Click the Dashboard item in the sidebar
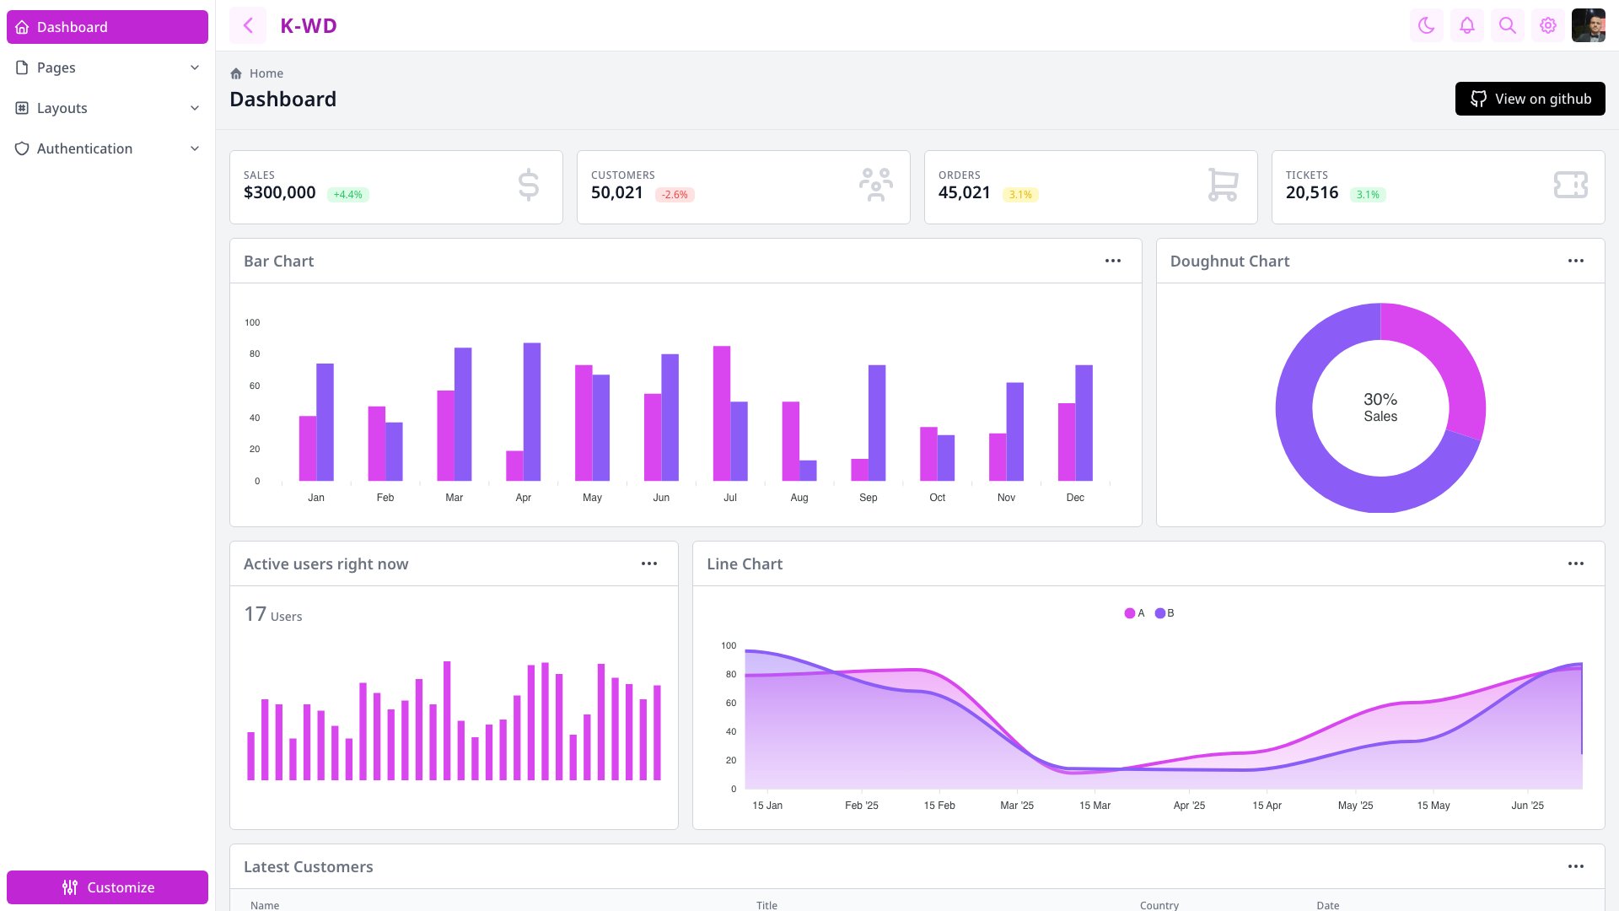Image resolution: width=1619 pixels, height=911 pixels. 107,27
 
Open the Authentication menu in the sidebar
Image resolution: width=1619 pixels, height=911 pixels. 107,148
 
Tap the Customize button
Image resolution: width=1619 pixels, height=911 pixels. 107,887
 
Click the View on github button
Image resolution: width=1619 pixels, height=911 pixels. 1530,99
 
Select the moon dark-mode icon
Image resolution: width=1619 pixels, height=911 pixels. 1426,25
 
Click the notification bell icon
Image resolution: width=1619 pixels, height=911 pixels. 1466,25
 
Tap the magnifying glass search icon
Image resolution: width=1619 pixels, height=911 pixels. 1507,25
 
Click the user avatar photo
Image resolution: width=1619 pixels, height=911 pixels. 1588,25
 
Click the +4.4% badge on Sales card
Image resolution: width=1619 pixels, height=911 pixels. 347,195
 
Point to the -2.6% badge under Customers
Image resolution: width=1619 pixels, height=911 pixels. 675,195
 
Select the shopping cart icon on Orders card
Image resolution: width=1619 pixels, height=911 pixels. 1222,185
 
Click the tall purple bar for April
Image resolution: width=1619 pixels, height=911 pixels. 531,412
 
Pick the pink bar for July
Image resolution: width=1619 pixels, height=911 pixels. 721,413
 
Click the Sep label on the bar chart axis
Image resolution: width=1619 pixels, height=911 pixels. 868,498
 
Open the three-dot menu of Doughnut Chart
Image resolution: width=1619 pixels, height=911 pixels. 1575,261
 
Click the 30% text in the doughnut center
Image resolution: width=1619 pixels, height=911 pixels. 1380,399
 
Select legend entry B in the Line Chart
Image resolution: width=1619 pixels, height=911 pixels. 1164,613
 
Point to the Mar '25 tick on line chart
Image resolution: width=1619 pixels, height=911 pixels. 1016,806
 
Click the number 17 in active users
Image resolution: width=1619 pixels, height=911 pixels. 255,614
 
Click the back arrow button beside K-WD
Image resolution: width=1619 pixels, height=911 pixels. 248,25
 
